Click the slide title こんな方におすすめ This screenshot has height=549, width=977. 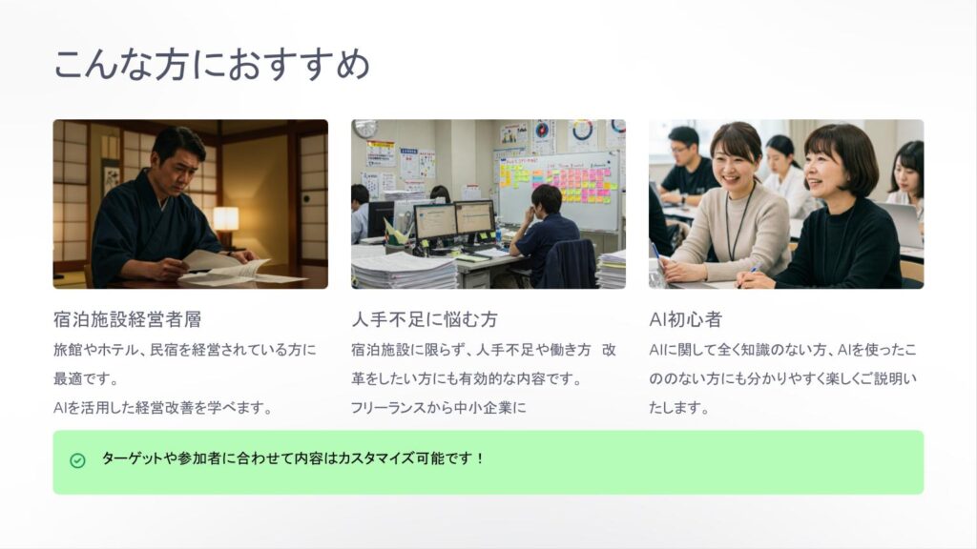point(212,64)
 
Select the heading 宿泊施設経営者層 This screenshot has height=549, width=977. point(127,319)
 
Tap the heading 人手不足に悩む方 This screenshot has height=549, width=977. point(425,319)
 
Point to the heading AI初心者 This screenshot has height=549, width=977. point(685,319)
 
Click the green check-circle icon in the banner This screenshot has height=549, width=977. point(78,460)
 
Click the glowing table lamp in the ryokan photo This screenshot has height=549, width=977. point(225,219)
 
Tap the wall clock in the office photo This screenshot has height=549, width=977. point(365,128)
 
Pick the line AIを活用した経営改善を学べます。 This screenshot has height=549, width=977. point(162,408)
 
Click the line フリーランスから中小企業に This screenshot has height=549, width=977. point(439,408)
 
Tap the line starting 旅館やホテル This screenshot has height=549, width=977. point(185,350)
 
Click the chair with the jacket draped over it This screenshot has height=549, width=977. point(570,265)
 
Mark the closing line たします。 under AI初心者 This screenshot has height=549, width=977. point(679,408)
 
